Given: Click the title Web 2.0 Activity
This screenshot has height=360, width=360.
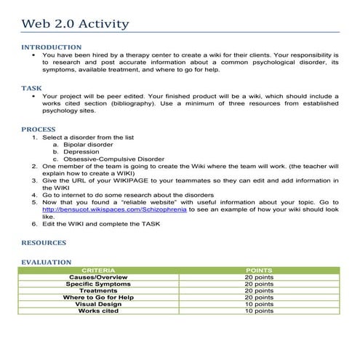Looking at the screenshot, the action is pyautogui.click(x=76, y=24).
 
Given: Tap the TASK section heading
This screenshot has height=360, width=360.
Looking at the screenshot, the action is pyautogui.click(x=32, y=88).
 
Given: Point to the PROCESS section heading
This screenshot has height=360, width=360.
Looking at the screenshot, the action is pyautogui.click(x=39, y=129).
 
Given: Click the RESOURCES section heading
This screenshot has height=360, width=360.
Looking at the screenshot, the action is pyautogui.click(x=44, y=242).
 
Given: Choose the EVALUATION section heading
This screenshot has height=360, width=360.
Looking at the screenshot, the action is pyautogui.click(x=47, y=262).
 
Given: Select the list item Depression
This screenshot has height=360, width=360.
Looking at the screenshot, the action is pyautogui.click(x=82, y=151).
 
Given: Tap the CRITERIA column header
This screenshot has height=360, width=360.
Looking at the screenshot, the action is pyautogui.click(x=98, y=270).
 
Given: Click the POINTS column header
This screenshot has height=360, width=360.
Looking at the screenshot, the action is pyautogui.click(x=259, y=270).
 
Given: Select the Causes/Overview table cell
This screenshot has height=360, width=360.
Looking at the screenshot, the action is pyautogui.click(x=98, y=277).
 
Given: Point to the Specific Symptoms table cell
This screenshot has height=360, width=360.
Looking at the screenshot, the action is pyautogui.click(x=98, y=284).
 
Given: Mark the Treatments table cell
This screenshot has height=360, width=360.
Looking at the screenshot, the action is pyautogui.click(x=98, y=290).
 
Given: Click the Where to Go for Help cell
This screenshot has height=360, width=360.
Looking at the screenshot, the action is pyautogui.click(x=98, y=297).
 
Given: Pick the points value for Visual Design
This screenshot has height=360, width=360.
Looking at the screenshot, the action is pyautogui.click(x=259, y=303).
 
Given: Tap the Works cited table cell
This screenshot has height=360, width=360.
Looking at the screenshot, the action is pyautogui.click(x=98, y=311).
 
